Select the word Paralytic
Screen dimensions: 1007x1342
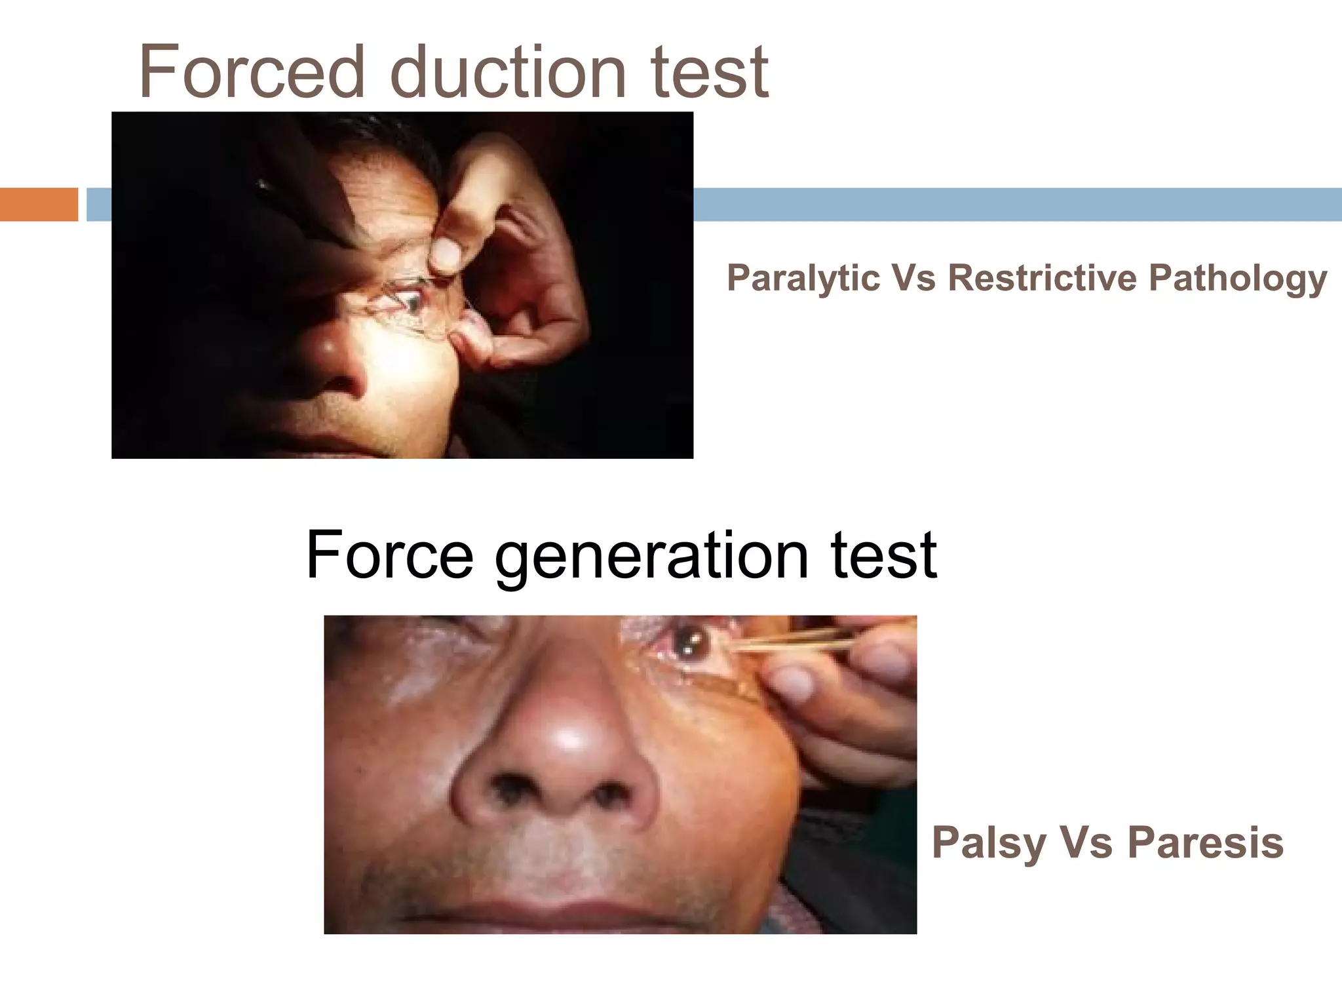803,278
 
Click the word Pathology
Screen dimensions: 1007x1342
1238,278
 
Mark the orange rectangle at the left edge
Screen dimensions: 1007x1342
39,204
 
